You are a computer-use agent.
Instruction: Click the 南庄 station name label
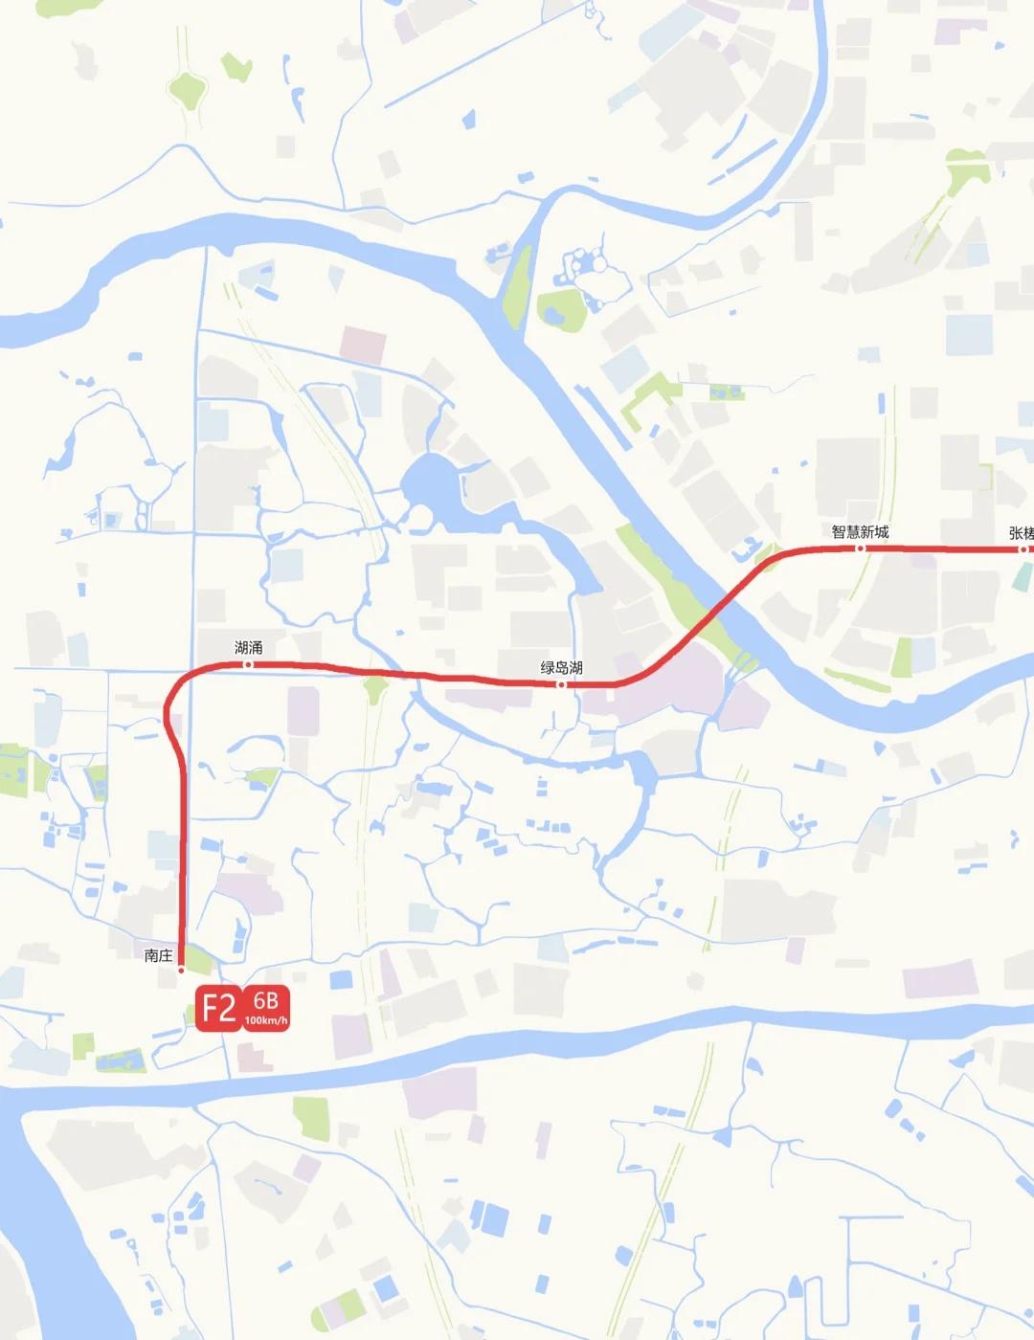click(158, 955)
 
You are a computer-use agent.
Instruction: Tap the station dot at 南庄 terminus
click(181, 970)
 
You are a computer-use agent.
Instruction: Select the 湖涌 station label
click(248, 648)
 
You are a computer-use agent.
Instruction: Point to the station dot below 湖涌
click(248, 664)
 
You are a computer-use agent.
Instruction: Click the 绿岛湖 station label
click(561, 668)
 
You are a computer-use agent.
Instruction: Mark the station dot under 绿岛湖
click(562, 684)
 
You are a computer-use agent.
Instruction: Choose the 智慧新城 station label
click(860, 532)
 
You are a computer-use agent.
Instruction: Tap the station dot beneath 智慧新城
click(860, 548)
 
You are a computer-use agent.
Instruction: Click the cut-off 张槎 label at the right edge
click(1022, 533)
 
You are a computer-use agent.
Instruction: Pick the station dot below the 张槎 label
click(1023, 549)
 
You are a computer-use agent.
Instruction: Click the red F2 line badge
click(218, 1009)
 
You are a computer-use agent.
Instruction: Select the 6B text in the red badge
click(265, 1001)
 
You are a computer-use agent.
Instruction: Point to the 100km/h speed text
click(265, 1021)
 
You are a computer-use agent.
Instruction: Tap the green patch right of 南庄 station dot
click(199, 958)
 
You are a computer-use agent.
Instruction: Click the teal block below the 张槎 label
click(1023, 576)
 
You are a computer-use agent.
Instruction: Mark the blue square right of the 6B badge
click(340, 979)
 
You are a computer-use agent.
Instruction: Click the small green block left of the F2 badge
click(84, 1045)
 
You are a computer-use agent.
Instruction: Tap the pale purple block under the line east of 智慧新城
click(924, 561)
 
